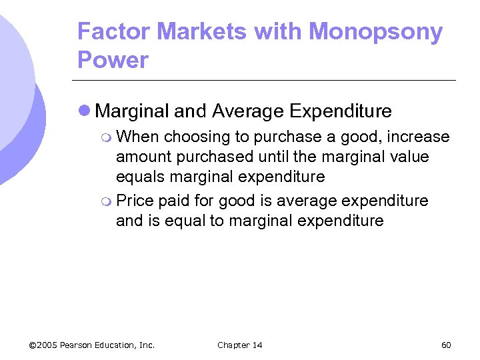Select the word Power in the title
pos(113,60)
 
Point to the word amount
pos(141,157)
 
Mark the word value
pos(408,157)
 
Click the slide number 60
pos(446,345)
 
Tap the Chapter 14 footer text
pos(240,345)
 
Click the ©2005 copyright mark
pos(43,345)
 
